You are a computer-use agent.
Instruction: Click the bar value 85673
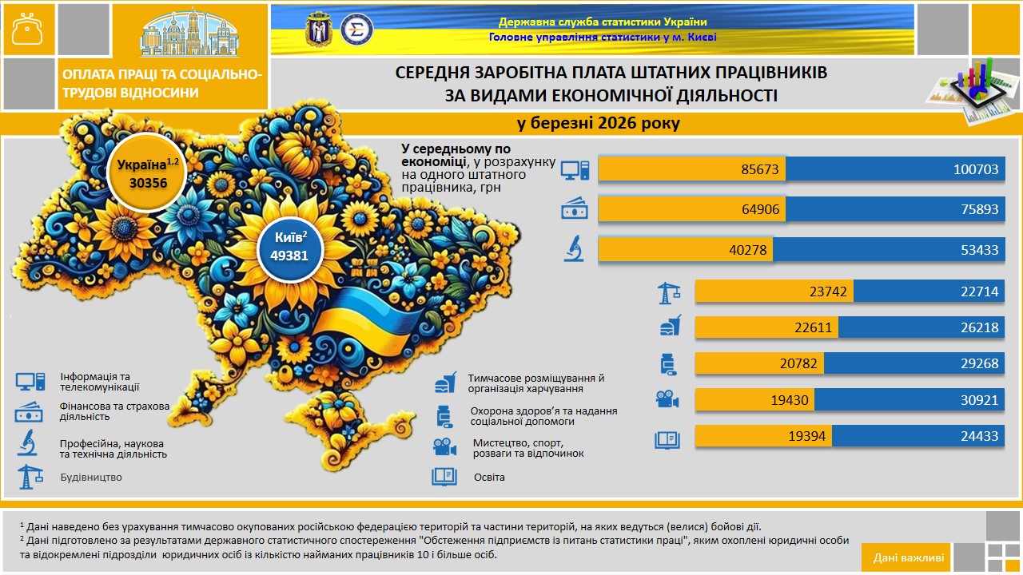tap(759, 169)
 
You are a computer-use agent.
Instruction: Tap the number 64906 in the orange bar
tap(760, 209)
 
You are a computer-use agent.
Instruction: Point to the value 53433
tap(980, 250)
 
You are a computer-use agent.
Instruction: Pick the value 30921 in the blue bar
tap(980, 400)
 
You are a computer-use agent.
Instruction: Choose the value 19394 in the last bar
tap(807, 436)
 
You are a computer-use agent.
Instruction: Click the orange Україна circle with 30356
tap(147, 173)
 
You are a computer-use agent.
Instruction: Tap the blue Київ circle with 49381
tap(290, 249)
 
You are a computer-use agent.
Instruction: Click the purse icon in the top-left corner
tap(28, 29)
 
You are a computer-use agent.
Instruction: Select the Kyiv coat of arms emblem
tap(318, 30)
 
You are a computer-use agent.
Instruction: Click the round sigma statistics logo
tap(356, 30)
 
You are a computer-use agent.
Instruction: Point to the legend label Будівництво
tap(91, 478)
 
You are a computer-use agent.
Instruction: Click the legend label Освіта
tap(489, 478)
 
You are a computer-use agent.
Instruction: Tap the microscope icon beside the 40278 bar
tap(574, 248)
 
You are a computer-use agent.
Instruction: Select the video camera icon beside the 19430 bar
tap(667, 399)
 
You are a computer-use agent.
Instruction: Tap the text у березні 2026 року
tap(599, 123)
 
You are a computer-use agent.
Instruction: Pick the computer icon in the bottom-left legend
tap(30, 382)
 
